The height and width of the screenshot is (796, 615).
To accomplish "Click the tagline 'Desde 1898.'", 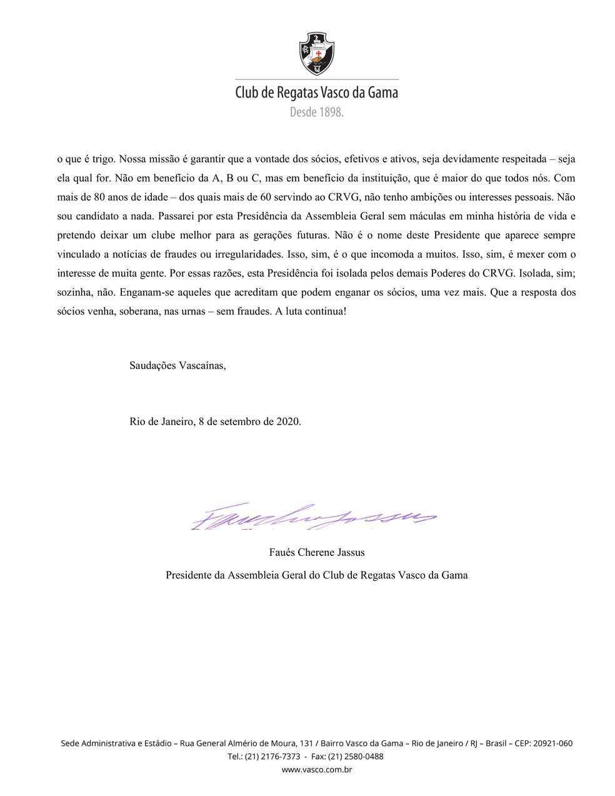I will coord(317,113).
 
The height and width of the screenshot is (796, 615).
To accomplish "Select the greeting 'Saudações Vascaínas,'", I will coord(177,365).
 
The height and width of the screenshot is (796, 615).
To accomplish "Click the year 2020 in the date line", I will coord(287,421).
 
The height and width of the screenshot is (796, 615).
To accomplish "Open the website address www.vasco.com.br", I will coord(317,770).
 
